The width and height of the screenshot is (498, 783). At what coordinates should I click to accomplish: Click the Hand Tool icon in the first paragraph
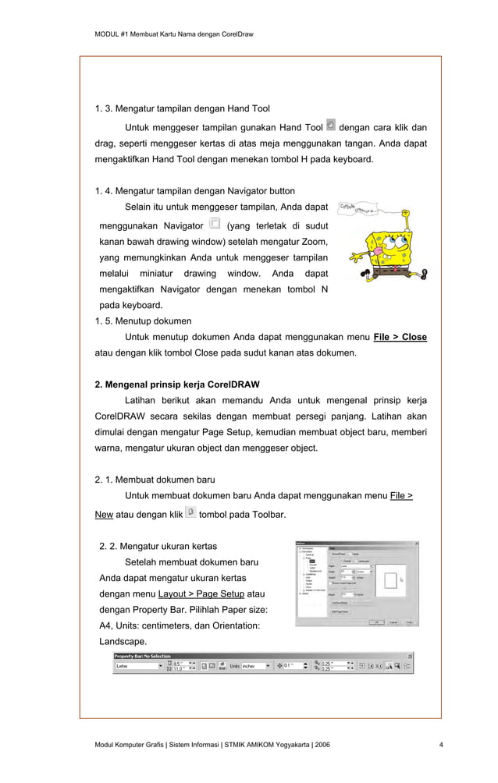(x=331, y=125)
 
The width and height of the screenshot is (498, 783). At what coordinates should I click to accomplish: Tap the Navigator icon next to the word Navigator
(x=215, y=224)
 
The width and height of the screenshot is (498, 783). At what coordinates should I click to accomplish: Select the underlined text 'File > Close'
(x=400, y=337)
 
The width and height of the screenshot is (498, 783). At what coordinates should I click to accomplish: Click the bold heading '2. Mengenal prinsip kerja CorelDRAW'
(x=177, y=384)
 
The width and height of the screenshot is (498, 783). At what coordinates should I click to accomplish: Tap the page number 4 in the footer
(x=441, y=746)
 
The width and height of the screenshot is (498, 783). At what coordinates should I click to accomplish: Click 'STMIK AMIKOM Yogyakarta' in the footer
(x=266, y=746)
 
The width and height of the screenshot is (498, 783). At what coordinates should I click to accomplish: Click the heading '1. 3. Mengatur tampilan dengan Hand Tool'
(x=182, y=108)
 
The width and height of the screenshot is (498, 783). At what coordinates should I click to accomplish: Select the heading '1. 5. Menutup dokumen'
(x=143, y=321)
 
